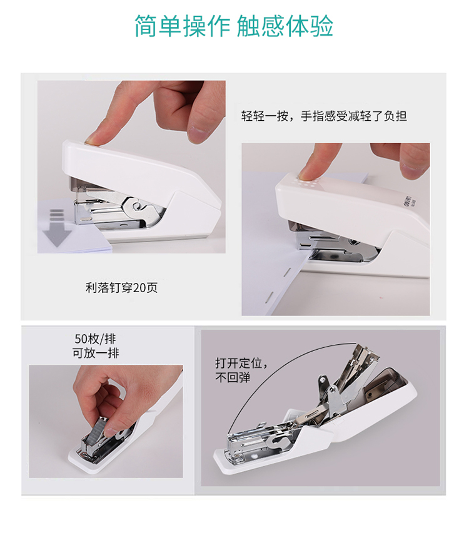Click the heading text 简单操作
[182, 26]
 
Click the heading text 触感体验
[285, 26]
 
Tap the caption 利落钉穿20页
[121, 288]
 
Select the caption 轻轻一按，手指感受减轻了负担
[324, 116]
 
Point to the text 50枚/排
[95, 339]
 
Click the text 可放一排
[96, 352]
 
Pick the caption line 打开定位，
[241, 363]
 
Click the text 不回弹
[233, 377]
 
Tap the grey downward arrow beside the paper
[57, 228]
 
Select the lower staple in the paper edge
[268, 297]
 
